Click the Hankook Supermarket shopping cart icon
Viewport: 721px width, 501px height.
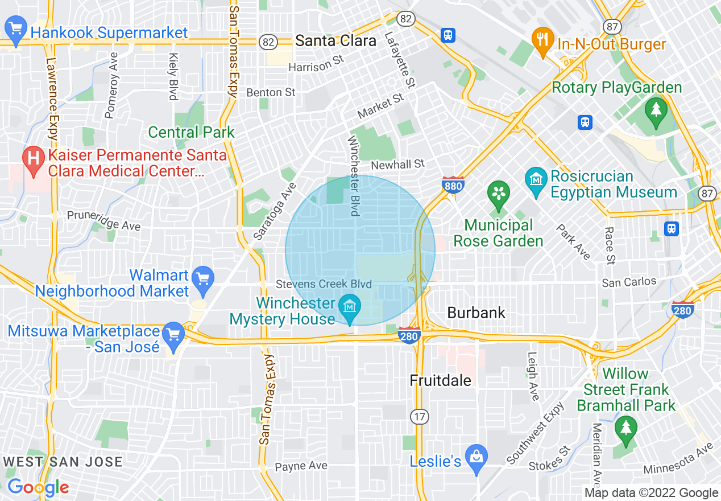point(15,31)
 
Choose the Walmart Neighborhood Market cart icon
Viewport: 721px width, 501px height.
point(203,278)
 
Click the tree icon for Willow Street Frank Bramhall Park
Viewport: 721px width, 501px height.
point(625,428)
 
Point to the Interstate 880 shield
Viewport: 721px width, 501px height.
point(453,184)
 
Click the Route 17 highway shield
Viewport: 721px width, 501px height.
point(420,417)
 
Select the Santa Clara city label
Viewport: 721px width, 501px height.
point(335,40)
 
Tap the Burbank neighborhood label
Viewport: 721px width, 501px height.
point(476,313)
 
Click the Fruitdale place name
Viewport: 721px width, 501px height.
point(441,380)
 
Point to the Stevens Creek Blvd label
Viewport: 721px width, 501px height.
point(324,284)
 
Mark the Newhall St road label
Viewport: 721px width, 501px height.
point(397,165)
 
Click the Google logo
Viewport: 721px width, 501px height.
point(38,487)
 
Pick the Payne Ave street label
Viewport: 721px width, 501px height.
point(301,466)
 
